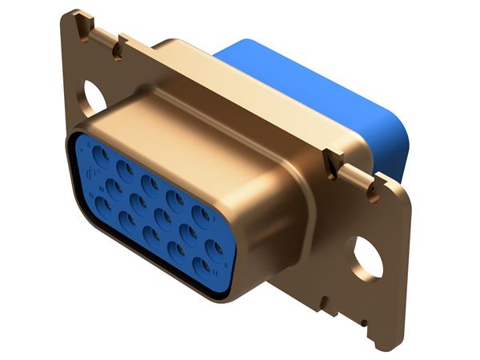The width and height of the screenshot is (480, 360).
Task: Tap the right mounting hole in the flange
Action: click(x=367, y=256)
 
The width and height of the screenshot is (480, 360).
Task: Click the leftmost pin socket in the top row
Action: click(x=102, y=153)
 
